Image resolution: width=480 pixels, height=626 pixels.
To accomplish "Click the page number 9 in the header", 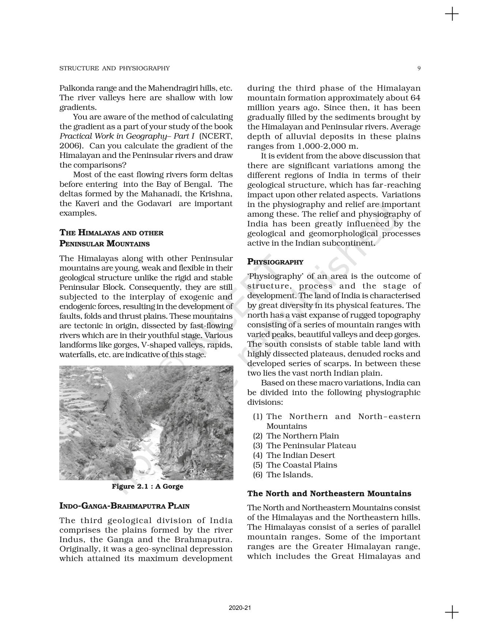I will pyautogui.click(x=419, y=68).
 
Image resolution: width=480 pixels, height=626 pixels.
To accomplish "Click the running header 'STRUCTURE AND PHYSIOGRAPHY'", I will pyautogui.click(x=115, y=68).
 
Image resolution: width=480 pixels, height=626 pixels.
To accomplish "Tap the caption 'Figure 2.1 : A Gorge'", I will pyautogui.click(x=147, y=486).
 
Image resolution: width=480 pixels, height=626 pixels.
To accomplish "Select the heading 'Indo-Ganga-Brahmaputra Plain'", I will pyautogui.click(x=124, y=506).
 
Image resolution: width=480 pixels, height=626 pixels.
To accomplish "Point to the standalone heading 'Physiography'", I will pyautogui.click(x=275, y=262).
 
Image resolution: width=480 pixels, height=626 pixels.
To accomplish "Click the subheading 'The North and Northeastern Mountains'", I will pyautogui.click(x=329, y=493).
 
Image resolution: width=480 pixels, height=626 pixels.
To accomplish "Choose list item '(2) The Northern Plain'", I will pyautogui.click(x=296, y=436).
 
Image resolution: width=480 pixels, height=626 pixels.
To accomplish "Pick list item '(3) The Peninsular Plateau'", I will pyautogui.click(x=304, y=445).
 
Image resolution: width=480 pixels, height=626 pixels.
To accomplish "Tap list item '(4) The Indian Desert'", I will pyautogui.click(x=294, y=455).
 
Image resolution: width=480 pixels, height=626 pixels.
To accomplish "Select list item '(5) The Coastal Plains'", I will pyautogui.click(x=295, y=465).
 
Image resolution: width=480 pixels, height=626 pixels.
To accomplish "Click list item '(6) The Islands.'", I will pyautogui.click(x=283, y=475).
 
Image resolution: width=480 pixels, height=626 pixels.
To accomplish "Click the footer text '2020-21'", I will pyautogui.click(x=240, y=608).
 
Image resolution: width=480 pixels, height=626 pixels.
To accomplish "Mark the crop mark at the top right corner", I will pyautogui.click(x=452, y=15).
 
